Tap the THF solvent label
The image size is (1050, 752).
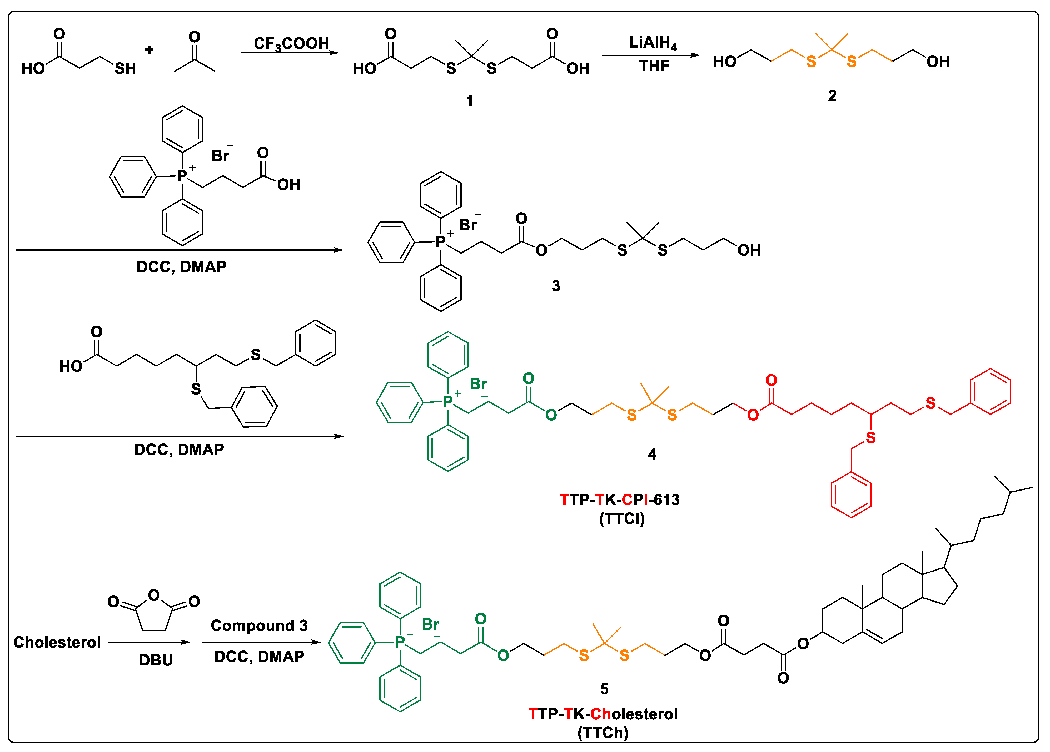(x=654, y=66)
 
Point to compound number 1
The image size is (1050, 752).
(x=469, y=100)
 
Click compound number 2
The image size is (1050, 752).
(x=832, y=96)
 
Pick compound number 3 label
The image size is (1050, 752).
(x=556, y=286)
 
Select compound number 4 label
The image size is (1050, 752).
(x=651, y=455)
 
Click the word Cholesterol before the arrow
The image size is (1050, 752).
(x=57, y=642)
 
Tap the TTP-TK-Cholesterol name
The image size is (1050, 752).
(x=603, y=714)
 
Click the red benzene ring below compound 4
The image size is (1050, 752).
(x=851, y=494)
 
